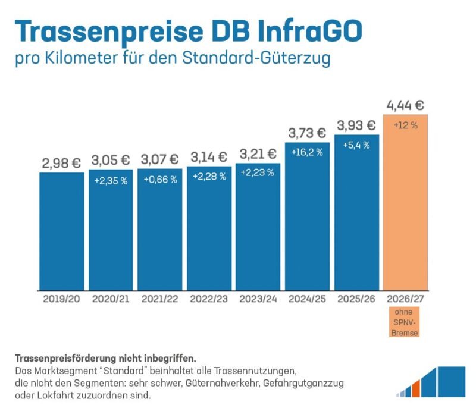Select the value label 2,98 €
(x=61, y=162)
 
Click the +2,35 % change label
(x=111, y=181)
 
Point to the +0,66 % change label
(x=160, y=180)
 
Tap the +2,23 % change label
(x=258, y=172)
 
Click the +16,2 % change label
(x=307, y=152)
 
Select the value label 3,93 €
(x=356, y=125)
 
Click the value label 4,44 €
(x=405, y=106)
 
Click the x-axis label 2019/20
(x=61, y=299)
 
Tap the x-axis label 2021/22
(x=160, y=299)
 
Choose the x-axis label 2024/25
(x=307, y=299)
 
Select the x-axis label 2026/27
(x=405, y=299)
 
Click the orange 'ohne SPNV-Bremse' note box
(x=405, y=322)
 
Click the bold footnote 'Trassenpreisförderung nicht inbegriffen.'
(x=105, y=359)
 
